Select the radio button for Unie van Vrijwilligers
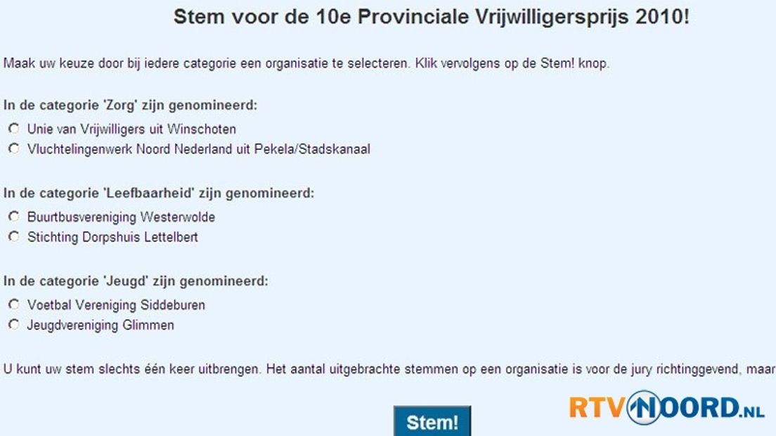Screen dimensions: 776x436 coord(14,129)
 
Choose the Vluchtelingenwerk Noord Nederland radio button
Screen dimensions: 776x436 coord(14,148)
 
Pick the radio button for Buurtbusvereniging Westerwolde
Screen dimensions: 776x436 coord(14,217)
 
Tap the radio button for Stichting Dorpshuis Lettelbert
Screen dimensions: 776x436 coord(14,236)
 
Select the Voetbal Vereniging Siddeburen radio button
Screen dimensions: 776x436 coord(14,304)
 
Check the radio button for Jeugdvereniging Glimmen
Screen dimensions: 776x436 coord(14,325)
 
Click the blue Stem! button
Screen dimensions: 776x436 coord(432,421)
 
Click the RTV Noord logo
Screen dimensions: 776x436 coord(666,408)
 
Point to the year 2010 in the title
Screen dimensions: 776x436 coord(660,17)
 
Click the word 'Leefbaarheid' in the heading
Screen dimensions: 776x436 coord(149,193)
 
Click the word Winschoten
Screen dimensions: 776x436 coord(202,129)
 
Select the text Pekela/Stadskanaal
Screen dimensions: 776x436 coord(312,149)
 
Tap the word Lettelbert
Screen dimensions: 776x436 coord(172,237)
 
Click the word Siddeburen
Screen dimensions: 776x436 coord(173,305)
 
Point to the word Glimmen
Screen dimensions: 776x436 coord(148,325)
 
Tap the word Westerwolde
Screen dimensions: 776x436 coord(178,217)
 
